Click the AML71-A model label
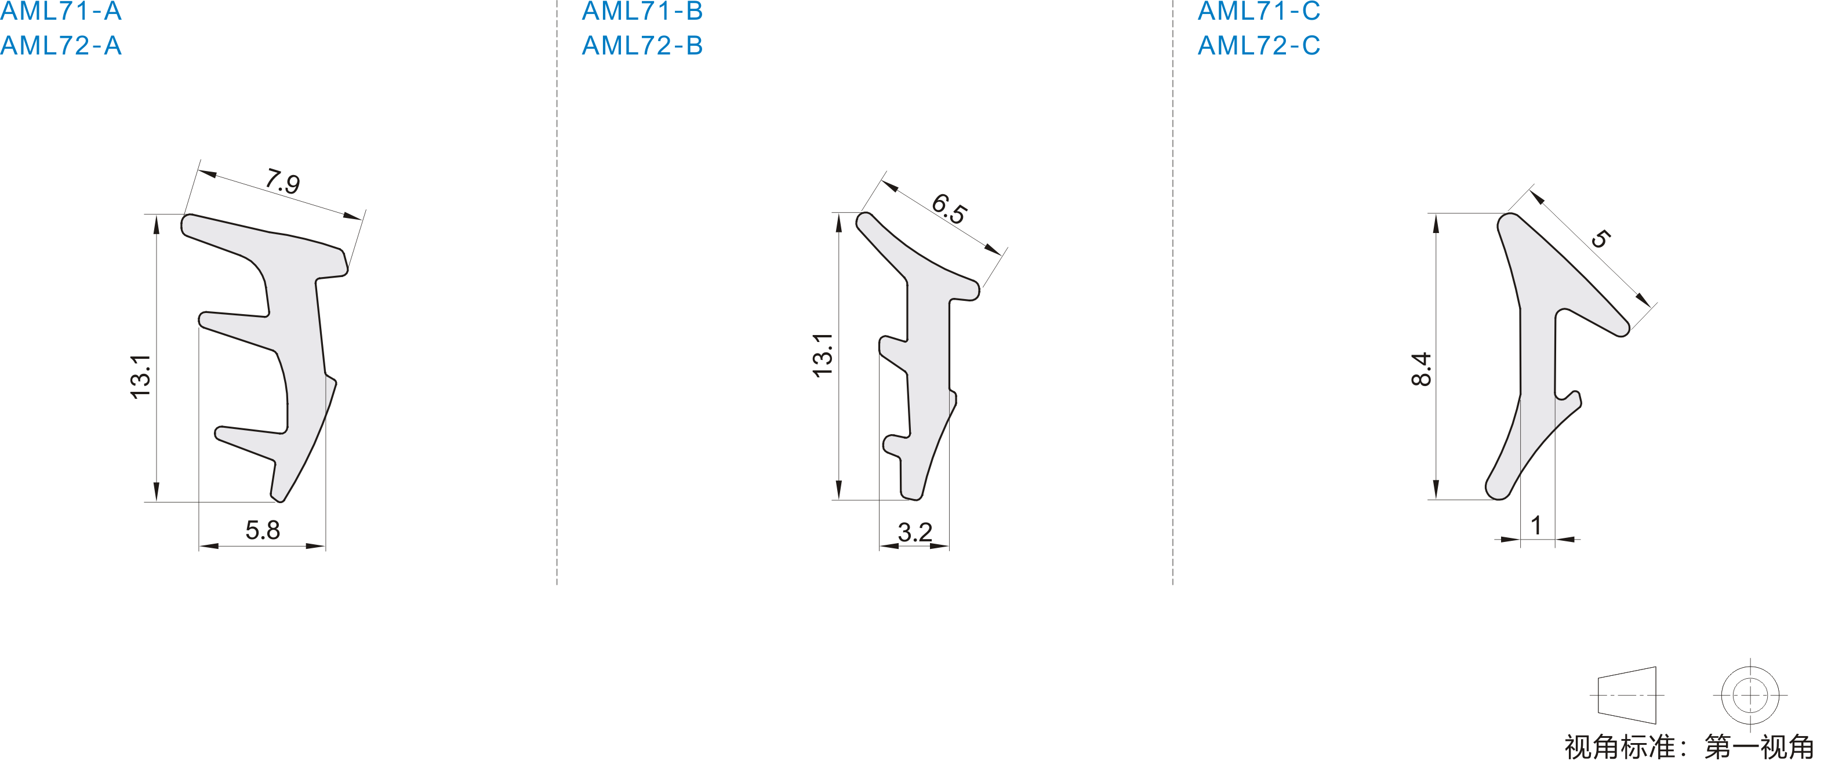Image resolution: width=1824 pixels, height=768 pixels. pyautogui.click(x=61, y=10)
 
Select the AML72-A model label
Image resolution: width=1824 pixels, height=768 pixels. pyautogui.click(x=61, y=46)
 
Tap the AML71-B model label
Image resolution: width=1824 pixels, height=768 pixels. pyautogui.click(x=642, y=10)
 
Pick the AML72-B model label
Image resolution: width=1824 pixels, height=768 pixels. pyautogui.click(x=642, y=46)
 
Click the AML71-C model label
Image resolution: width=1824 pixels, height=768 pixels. pyautogui.click(x=1259, y=10)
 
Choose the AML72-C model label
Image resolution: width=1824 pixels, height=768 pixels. pyautogui.click(x=1259, y=46)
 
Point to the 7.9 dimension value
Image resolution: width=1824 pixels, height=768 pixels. pyautogui.click(x=282, y=181)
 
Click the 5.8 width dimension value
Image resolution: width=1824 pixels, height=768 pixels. pyautogui.click(x=263, y=530)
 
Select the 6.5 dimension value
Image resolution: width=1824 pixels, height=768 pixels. pyautogui.click(x=949, y=209)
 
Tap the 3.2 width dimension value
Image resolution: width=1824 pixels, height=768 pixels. pyautogui.click(x=915, y=532)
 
